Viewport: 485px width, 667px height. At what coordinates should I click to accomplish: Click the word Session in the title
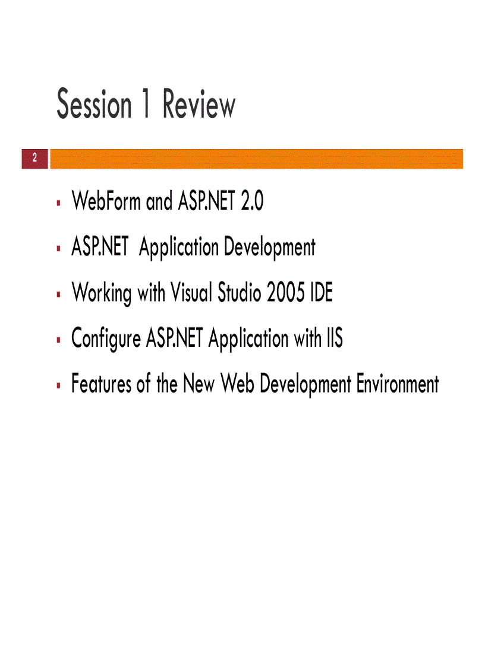coord(93,105)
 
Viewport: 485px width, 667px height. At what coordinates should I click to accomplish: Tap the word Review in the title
coord(199,105)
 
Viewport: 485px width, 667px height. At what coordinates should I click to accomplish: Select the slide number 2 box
coord(34,159)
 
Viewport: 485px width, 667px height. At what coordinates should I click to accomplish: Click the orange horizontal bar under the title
coord(256,159)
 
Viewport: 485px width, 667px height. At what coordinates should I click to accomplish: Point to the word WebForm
coord(106,202)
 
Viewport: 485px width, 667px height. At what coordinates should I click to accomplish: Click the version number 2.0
coord(251,202)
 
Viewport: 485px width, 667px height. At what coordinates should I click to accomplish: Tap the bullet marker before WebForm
coord(59,203)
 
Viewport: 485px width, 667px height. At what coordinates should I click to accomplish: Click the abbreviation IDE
coord(322,293)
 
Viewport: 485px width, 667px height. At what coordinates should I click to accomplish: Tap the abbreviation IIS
coord(334,339)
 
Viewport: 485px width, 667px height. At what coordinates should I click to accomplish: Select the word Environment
coord(398,384)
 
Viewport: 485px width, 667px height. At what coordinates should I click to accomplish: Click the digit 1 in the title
coord(145,105)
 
